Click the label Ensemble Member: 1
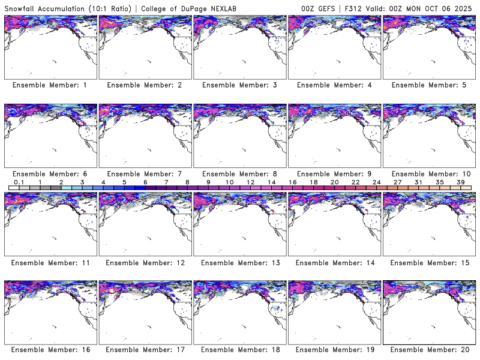click(x=50, y=85)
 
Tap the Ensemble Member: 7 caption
click(x=144, y=174)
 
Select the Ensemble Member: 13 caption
click(x=239, y=262)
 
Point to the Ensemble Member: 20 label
click(x=428, y=350)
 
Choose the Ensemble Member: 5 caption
click(x=428, y=85)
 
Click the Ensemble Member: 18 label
click(x=239, y=350)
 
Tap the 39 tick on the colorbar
click(x=460, y=182)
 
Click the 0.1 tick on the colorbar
click(x=19, y=182)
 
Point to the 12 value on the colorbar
click(x=250, y=182)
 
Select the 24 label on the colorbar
click(x=376, y=182)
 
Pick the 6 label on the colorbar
click(x=145, y=182)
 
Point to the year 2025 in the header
click(x=465, y=8)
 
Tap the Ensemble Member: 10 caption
click(x=428, y=174)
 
